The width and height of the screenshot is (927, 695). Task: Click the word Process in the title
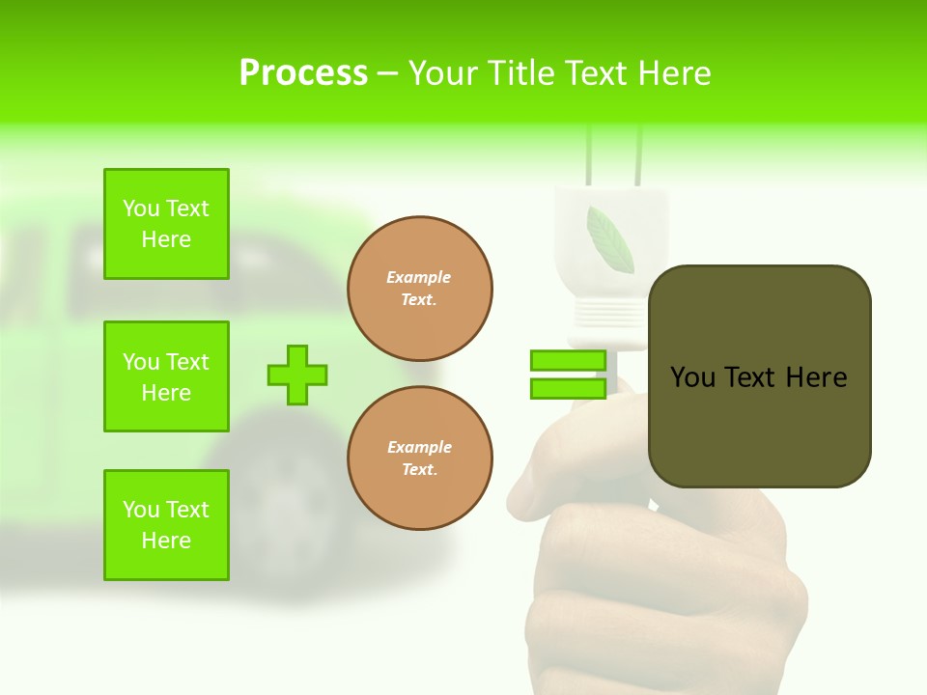[303, 73]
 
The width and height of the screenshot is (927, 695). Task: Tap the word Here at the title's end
[676, 73]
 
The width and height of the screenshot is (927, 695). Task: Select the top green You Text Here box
[166, 224]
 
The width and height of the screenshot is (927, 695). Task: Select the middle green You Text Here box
[166, 376]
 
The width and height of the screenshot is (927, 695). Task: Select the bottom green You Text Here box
[166, 525]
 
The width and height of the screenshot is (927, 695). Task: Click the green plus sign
[297, 375]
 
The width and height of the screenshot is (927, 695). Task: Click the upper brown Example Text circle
[420, 289]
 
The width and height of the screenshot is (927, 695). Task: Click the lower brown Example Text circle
[420, 459]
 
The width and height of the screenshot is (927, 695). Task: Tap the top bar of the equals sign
[568, 361]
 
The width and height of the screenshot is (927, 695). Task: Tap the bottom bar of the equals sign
[568, 388]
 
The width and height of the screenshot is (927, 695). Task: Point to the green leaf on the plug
[609, 240]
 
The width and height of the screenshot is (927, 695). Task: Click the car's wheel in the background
[280, 502]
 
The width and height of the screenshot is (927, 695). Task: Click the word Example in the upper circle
[418, 277]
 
